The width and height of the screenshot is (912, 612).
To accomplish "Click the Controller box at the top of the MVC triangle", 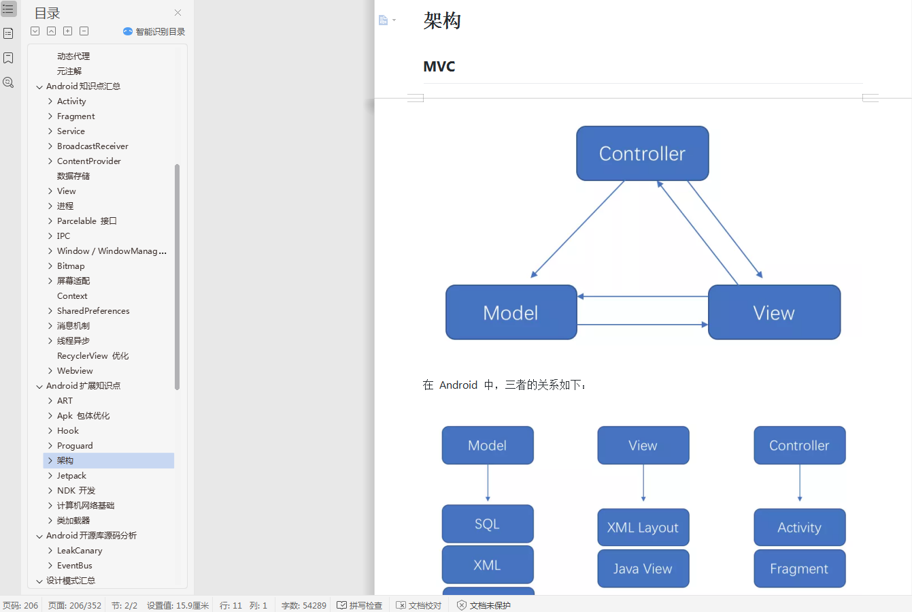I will [x=642, y=153].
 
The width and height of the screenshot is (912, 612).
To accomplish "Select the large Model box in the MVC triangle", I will [x=511, y=312].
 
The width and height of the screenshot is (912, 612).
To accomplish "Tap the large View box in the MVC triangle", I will [x=774, y=312].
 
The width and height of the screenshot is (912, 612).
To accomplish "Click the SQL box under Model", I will [x=487, y=524].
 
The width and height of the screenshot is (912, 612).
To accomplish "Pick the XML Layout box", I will [x=643, y=528].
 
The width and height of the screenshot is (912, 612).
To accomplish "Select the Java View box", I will [x=643, y=568].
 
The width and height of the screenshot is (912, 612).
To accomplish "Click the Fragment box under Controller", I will [x=799, y=568].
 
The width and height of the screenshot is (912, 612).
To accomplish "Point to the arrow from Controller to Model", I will [x=577, y=229].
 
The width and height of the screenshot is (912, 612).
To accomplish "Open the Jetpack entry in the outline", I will [x=71, y=476].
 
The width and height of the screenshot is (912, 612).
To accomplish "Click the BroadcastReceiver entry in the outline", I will [x=92, y=146].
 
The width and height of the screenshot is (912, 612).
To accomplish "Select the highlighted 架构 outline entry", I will [x=65, y=461].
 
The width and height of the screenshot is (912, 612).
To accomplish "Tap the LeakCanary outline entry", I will [x=80, y=551].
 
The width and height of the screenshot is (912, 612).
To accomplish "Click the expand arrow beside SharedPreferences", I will [x=50, y=311].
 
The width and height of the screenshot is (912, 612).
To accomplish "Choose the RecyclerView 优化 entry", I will [x=92, y=356].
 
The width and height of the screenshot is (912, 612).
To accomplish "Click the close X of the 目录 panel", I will [x=178, y=13].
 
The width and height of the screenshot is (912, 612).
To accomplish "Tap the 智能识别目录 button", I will [x=154, y=31].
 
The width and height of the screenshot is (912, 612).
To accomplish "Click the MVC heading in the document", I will [x=439, y=67].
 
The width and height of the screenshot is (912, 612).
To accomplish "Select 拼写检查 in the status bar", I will [x=360, y=605].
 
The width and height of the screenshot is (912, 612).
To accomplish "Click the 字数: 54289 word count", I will [x=303, y=605].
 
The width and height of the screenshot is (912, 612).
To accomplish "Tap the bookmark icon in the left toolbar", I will [x=8, y=58].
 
